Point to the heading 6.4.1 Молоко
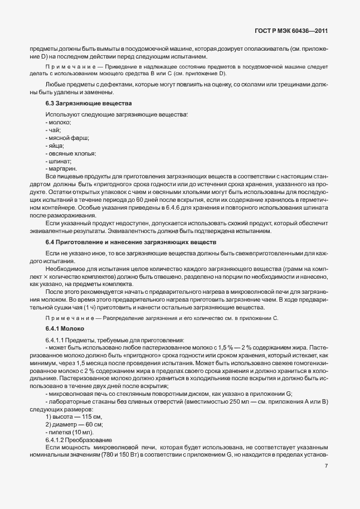61,328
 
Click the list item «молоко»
59,122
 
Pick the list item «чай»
53,130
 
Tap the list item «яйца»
55,145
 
